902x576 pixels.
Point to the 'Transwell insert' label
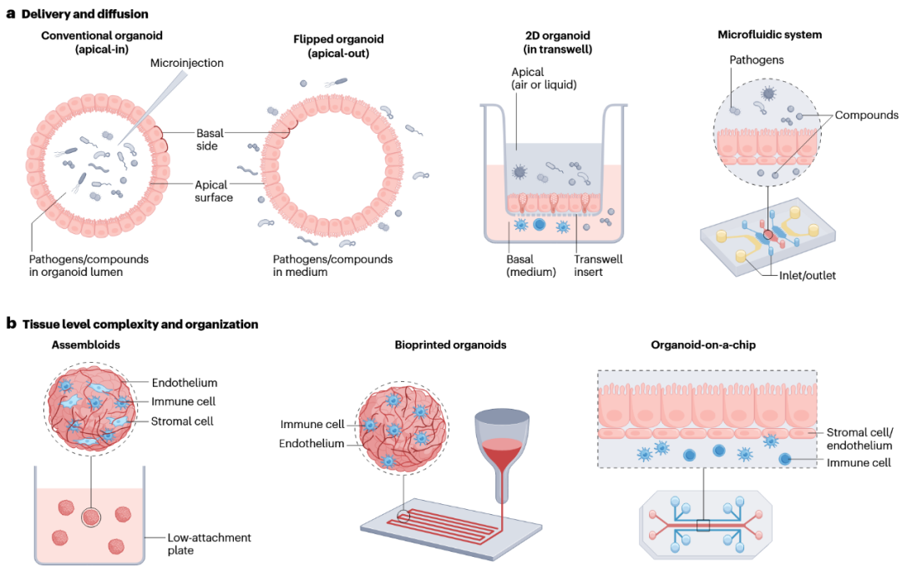tap(597, 266)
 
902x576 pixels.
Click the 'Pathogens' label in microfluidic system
tap(756, 60)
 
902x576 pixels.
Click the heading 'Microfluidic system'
tap(769, 34)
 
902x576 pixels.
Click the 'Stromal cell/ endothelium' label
tap(859, 439)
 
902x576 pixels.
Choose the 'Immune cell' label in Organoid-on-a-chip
tap(859, 461)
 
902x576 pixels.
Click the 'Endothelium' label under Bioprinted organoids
tap(311, 443)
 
